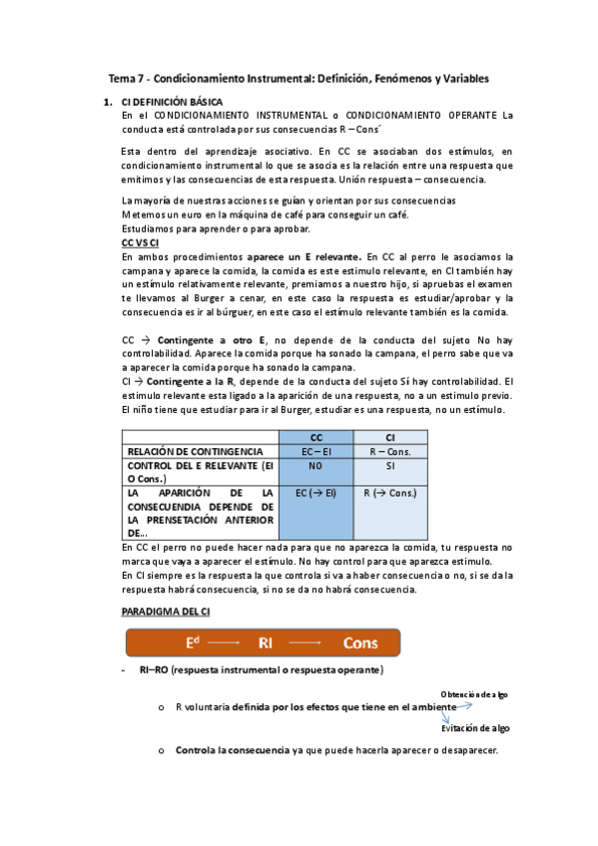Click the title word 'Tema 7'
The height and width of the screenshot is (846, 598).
click(128, 78)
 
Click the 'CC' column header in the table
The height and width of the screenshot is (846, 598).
click(316, 437)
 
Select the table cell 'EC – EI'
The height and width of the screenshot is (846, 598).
click(316, 452)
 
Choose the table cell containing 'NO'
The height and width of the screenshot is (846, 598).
click(316, 466)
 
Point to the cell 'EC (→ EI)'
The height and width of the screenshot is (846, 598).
click(316, 493)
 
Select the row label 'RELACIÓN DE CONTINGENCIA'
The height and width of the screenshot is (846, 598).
click(189, 452)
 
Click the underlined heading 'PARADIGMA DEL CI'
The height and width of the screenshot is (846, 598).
click(165, 610)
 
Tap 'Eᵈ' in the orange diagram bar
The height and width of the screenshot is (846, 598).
click(194, 642)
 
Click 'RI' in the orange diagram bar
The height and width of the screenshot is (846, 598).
click(266, 642)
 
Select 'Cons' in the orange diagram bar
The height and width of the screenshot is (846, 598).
click(360, 642)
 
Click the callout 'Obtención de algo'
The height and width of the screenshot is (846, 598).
click(475, 694)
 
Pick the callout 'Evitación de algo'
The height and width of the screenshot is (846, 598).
click(476, 728)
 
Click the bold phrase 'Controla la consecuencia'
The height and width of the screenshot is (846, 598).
click(233, 750)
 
